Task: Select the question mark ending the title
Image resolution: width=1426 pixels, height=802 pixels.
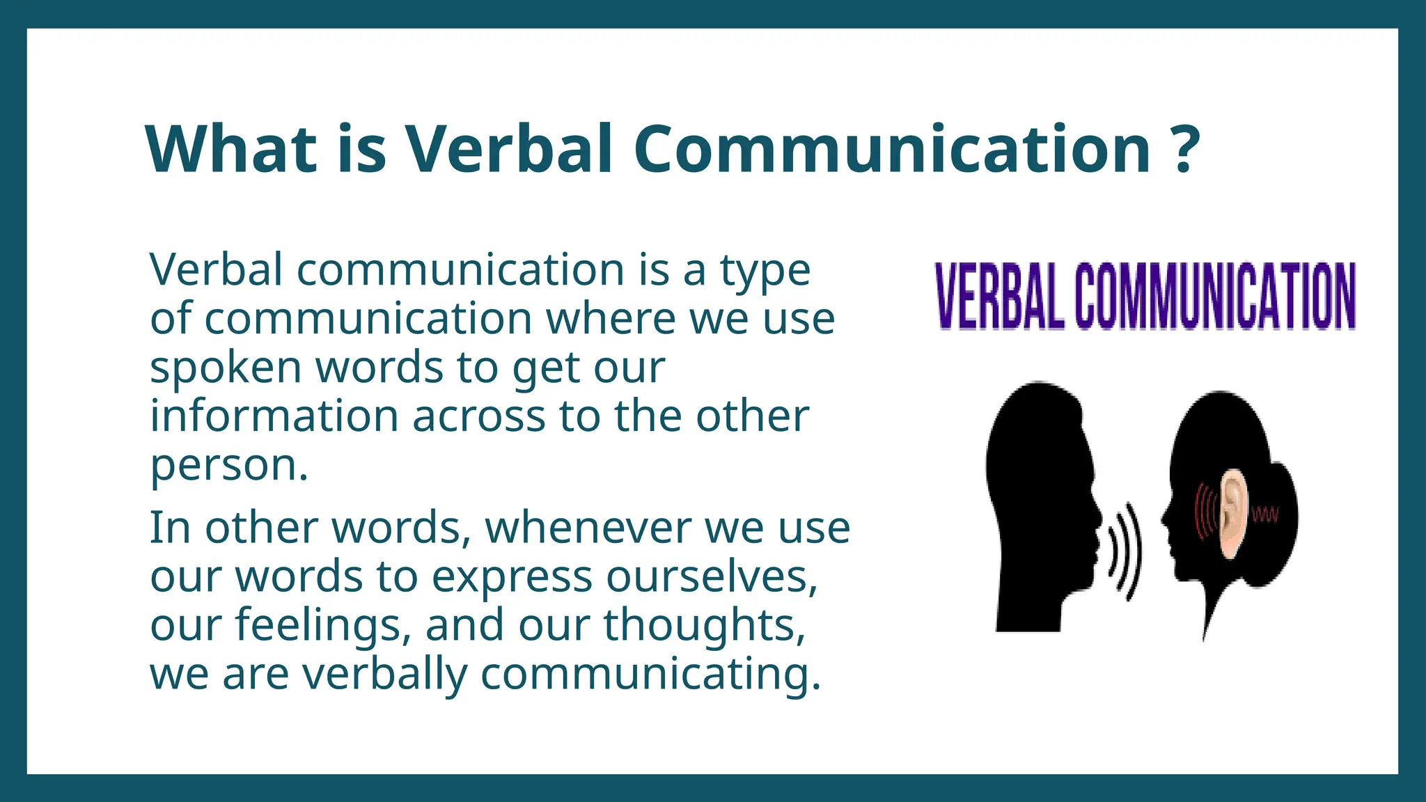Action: (x=1184, y=149)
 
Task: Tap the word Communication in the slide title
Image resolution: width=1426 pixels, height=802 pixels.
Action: (x=892, y=149)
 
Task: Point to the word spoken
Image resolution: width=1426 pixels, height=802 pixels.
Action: (x=226, y=369)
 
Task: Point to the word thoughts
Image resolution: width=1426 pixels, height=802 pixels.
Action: (x=703, y=625)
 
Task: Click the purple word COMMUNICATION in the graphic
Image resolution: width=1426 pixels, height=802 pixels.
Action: (x=1215, y=296)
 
